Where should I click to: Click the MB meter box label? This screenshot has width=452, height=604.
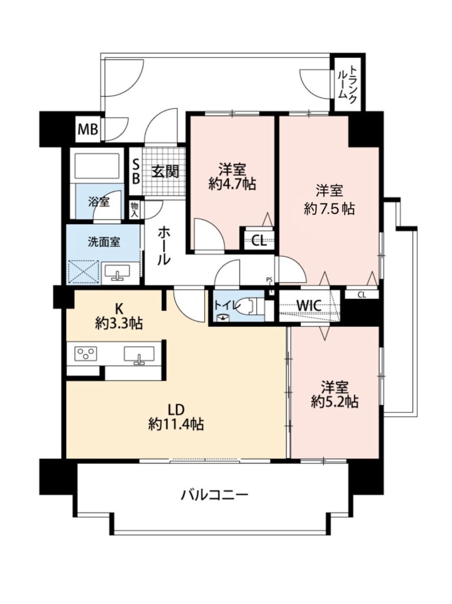coord(89,129)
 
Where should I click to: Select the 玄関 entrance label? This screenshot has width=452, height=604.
coord(165,172)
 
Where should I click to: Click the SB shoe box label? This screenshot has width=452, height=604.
coord(136,172)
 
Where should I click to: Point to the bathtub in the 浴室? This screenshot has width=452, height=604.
coord(98,166)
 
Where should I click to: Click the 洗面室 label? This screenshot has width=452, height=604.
coord(104,242)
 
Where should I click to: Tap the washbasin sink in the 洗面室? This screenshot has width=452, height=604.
coord(117,273)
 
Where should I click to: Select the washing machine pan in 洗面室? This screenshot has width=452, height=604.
coord(83,272)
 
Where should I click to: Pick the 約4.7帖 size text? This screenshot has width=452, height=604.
coord(232,185)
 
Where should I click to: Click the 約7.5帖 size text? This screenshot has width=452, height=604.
coord(329,209)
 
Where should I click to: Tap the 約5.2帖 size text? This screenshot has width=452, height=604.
coord(335,402)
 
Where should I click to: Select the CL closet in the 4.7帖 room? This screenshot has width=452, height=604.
coord(259,241)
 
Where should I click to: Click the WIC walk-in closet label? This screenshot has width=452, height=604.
coord(309,306)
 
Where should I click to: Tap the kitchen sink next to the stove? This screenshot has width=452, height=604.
coord(139,354)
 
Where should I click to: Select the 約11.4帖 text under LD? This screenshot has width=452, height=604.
coord(176,424)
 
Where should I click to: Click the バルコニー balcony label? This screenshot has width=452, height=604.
coord(215,494)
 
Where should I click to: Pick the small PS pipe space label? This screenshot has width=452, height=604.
coord(269,280)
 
